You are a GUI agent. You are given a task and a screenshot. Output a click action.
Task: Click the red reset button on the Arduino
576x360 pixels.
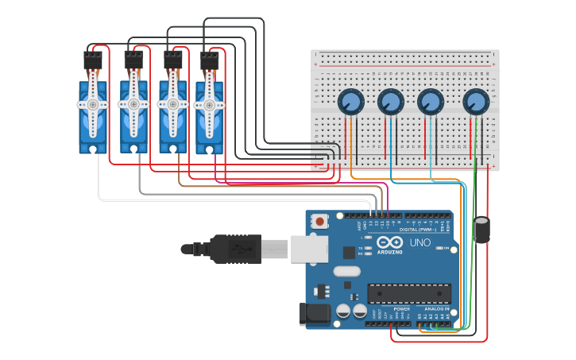click(x=319, y=222)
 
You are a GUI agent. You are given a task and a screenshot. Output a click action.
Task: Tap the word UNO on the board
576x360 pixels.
click(x=419, y=242)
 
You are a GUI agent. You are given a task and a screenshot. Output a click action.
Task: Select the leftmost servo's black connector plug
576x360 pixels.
click(x=93, y=60)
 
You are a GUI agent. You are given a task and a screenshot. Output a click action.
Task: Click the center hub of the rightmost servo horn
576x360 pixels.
click(x=210, y=104)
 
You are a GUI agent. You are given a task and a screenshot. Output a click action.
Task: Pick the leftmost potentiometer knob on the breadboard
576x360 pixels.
click(x=350, y=102)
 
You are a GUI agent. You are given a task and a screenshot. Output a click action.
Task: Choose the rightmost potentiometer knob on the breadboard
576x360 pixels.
click(x=475, y=102)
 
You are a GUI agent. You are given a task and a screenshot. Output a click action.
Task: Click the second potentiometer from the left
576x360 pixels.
click(x=390, y=102)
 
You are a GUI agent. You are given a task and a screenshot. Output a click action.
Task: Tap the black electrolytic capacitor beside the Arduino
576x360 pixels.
click(x=482, y=230)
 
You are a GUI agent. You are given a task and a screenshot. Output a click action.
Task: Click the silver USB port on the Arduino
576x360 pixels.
click(x=309, y=249)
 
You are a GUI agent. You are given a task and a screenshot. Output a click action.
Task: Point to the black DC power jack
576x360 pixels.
click(x=315, y=314)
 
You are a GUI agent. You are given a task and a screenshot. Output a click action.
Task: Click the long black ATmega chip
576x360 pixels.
click(x=408, y=293)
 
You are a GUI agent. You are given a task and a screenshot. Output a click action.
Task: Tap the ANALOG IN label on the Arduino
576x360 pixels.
click(x=435, y=308)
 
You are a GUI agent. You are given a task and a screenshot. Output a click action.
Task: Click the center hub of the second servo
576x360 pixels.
click(x=133, y=104)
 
